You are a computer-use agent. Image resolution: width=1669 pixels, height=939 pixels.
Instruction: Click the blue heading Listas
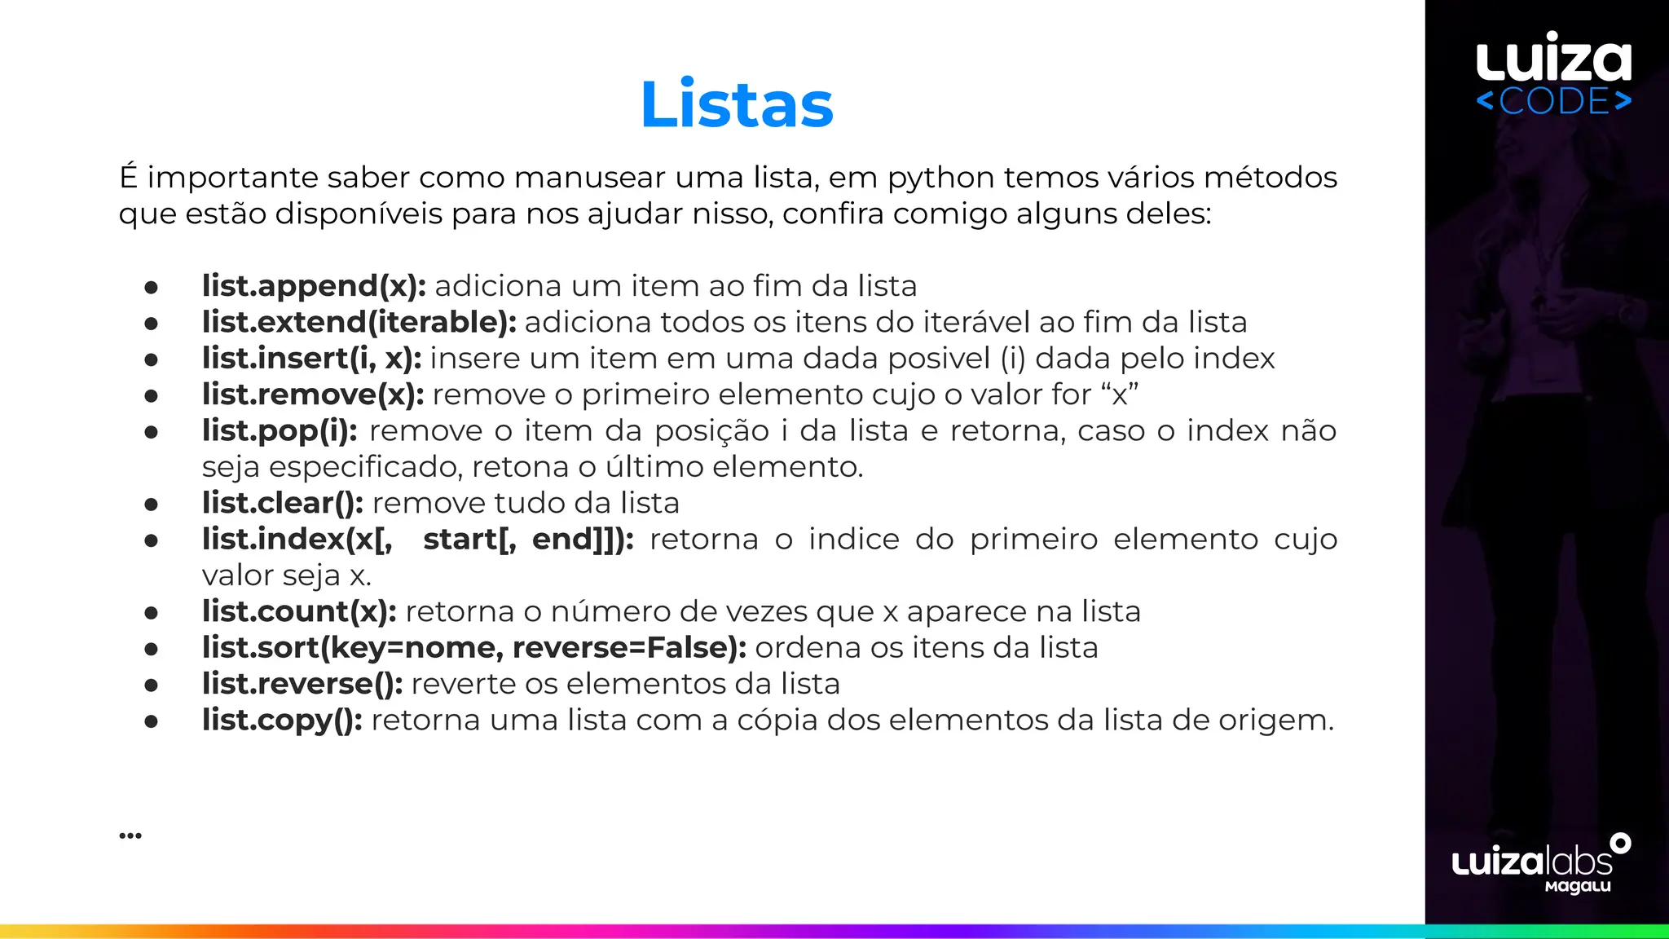coord(737,104)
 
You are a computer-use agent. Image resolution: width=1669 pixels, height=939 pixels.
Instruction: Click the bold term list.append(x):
coord(314,286)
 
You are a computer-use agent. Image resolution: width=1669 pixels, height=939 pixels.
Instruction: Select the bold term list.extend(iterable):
coord(359,322)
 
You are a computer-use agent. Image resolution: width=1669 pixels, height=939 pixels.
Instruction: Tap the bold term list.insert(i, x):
coord(311,359)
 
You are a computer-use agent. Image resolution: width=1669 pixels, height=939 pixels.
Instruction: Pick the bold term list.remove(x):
coord(313,395)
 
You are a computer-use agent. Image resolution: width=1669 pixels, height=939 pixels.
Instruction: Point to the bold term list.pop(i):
coord(280,430)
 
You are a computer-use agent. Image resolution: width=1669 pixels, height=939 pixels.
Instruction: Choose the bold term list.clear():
coord(283,503)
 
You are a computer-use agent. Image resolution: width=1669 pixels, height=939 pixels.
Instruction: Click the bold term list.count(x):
coord(299,611)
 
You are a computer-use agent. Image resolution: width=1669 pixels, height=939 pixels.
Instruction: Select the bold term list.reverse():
coord(302,684)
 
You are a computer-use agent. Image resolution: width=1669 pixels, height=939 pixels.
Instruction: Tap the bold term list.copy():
coord(282,720)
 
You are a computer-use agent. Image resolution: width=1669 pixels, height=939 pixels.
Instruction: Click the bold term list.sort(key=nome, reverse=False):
coord(474,648)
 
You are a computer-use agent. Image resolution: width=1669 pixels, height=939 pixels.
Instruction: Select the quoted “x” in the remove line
coord(1120,395)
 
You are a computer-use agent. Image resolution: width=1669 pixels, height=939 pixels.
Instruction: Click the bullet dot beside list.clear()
coord(151,505)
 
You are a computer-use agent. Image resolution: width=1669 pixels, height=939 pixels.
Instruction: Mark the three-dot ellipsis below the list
coord(130,835)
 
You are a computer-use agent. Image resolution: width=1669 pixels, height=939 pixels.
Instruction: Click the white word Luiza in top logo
coord(1553,59)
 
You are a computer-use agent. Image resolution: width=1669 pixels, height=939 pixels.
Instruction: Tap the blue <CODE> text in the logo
coord(1553,102)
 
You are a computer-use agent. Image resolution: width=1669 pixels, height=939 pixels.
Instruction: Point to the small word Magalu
coord(1578,886)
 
